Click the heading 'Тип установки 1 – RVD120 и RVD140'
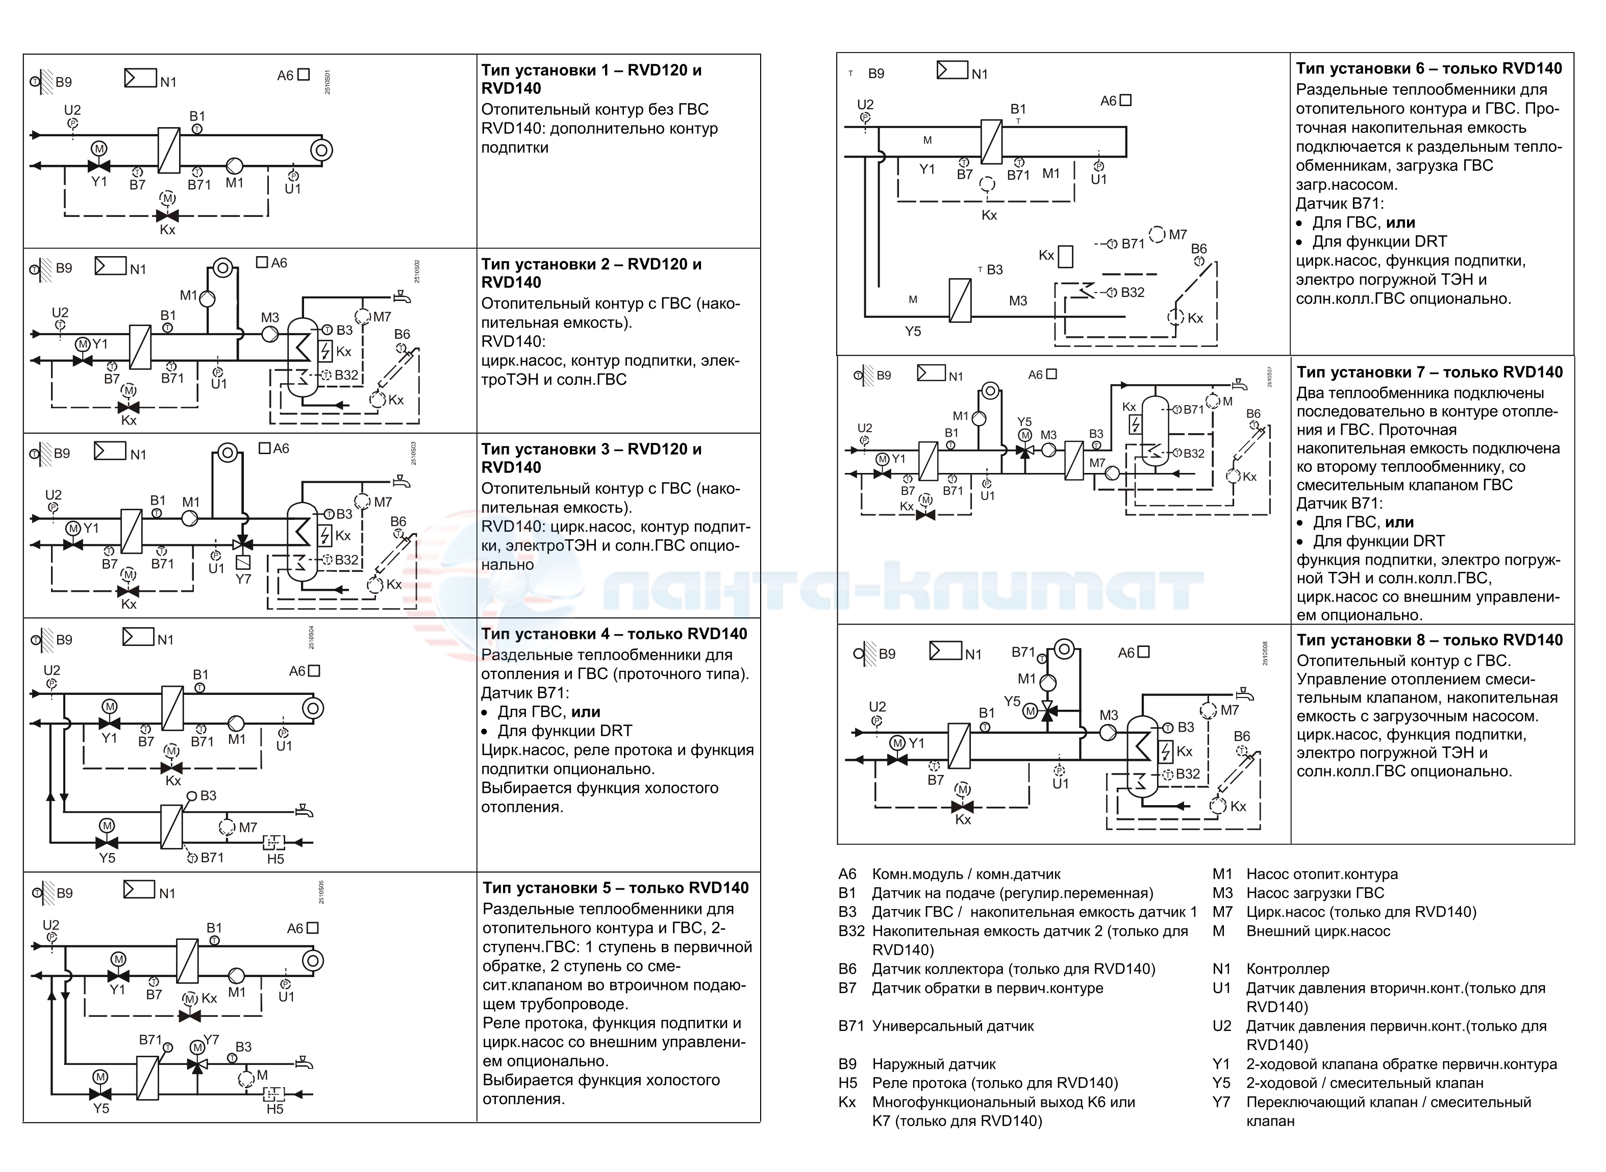click(x=592, y=79)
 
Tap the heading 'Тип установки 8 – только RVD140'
click(x=1429, y=640)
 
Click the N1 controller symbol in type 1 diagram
click(x=140, y=78)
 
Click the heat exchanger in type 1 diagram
click(x=169, y=149)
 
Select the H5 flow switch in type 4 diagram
click(x=274, y=843)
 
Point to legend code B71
click(x=851, y=1026)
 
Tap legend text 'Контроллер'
click(x=1288, y=969)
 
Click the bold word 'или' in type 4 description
click(x=586, y=712)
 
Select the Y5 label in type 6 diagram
click(x=913, y=331)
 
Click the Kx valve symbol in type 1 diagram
click(x=167, y=216)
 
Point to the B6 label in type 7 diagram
click(x=1253, y=414)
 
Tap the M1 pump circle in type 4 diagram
click(x=236, y=724)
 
